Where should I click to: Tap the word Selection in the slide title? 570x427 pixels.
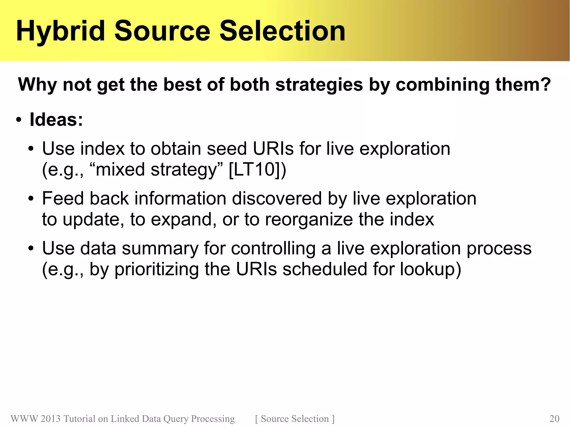click(x=282, y=31)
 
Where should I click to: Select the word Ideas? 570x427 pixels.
click(x=56, y=120)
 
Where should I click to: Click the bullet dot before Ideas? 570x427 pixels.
click(x=18, y=120)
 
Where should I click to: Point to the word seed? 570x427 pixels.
click(x=227, y=149)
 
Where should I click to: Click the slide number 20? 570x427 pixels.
click(x=554, y=419)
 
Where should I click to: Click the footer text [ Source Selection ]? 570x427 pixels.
click(x=295, y=419)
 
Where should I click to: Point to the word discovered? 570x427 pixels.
click(x=277, y=198)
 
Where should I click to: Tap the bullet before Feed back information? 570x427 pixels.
click(x=31, y=199)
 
